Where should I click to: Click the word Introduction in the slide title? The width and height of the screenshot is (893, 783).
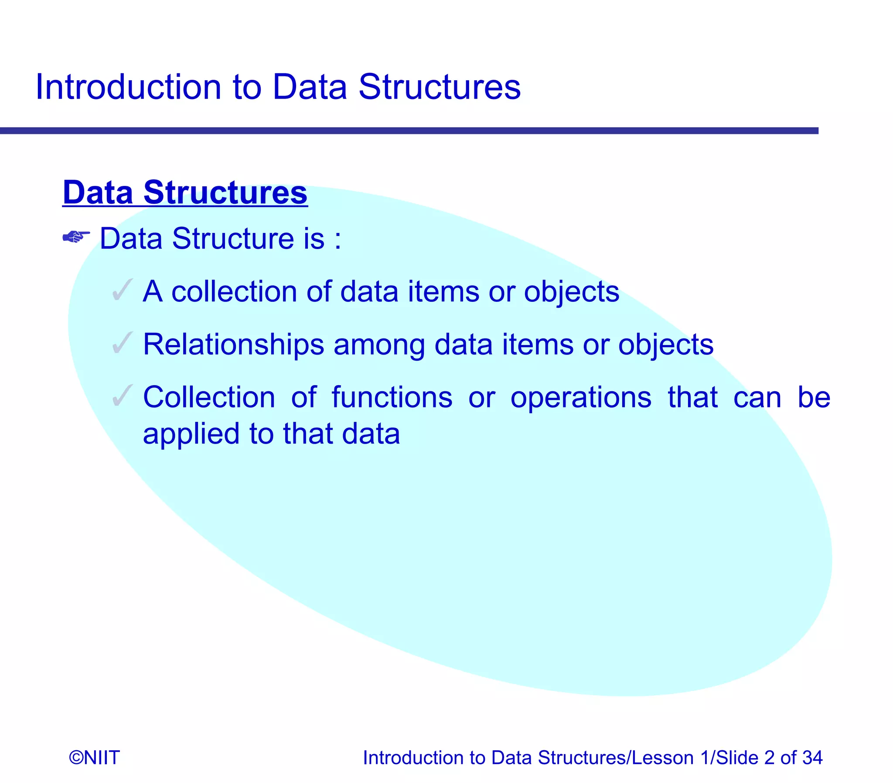coord(128,87)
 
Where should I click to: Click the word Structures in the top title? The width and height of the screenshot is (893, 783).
coord(439,87)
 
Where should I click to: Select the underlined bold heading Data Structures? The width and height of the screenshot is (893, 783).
coord(185,192)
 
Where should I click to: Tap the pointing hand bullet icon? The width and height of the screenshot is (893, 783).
coord(76,237)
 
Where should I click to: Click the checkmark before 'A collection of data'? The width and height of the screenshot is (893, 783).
coord(122,290)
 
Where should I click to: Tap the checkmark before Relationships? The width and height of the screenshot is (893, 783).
coord(122,343)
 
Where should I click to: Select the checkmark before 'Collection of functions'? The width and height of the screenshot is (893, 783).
coord(122,396)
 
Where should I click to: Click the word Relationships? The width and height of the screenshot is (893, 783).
coord(233,345)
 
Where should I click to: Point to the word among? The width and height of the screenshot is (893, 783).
coord(378,345)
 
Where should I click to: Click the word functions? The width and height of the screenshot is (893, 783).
coord(392,397)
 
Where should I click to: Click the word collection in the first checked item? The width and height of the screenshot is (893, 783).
coord(234,291)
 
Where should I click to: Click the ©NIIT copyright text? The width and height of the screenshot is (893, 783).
coord(94,758)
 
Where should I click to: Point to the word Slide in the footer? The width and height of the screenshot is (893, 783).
coord(737,758)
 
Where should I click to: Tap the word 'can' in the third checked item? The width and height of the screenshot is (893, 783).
coord(757,398)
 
